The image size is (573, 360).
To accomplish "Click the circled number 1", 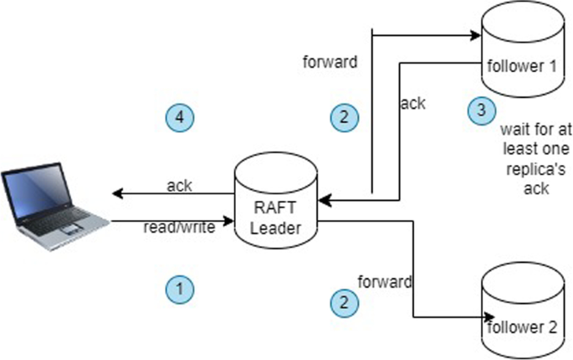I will click(179, 289).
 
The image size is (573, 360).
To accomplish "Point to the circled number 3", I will click(480, 109).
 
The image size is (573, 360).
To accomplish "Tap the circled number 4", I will click(179, 117).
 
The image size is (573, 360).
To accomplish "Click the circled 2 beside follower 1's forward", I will click(343, 116).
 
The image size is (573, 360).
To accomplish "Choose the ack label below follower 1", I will click(412, 105).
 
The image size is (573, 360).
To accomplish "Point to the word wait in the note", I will click(513, 131).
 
